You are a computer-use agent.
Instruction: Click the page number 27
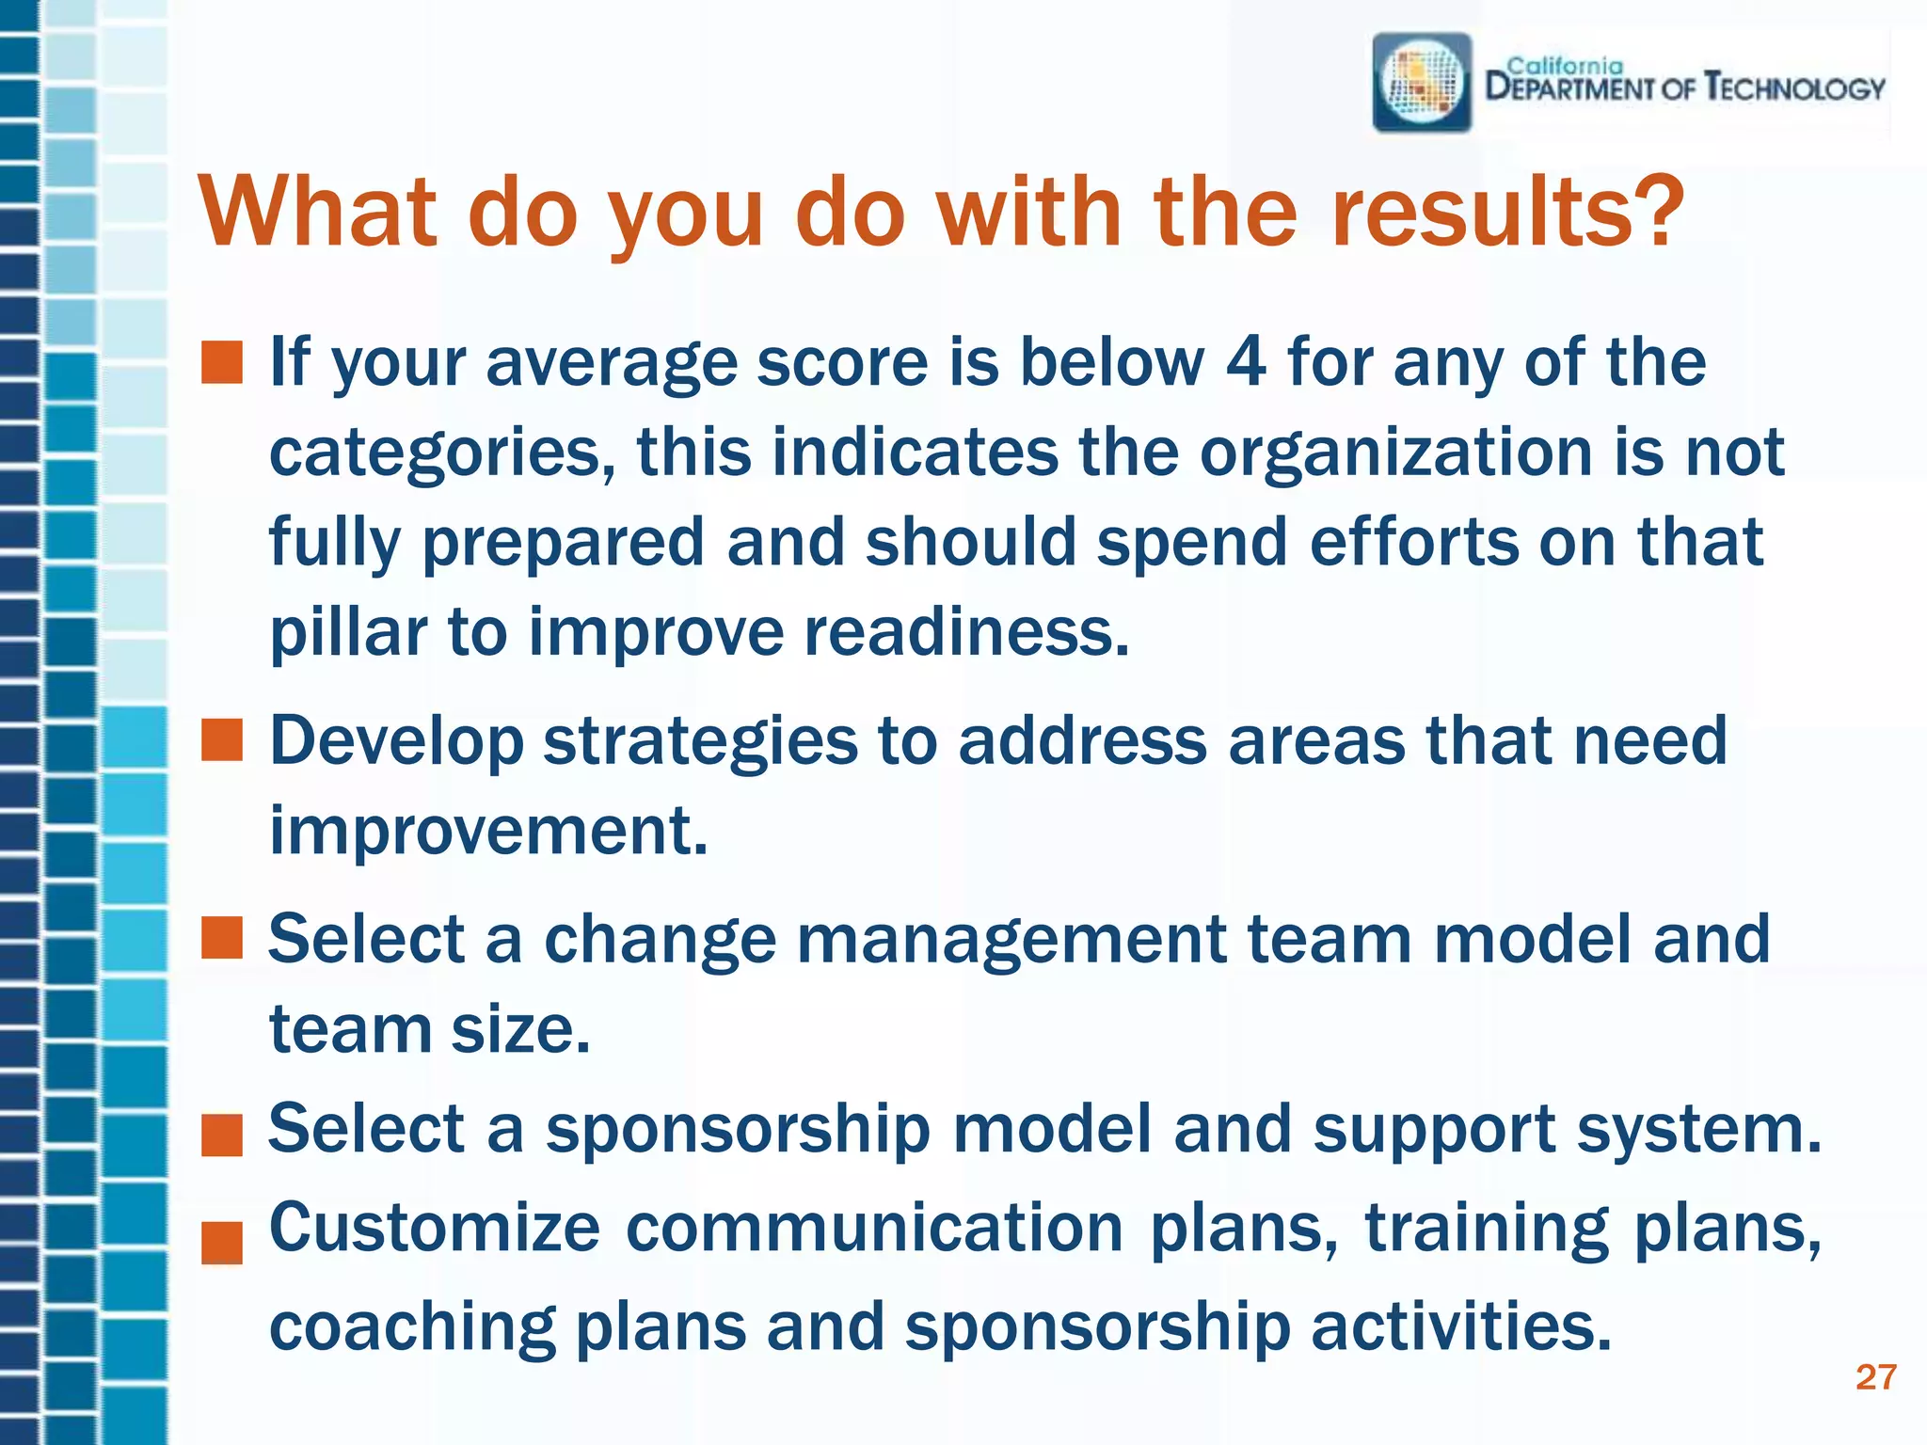[x=1874, y=1377]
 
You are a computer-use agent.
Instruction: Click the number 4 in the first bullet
[x=1246, y=362]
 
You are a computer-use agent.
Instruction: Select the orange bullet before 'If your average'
[x=222, y=363]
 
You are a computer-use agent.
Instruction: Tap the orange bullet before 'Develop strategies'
[x=222, y=740]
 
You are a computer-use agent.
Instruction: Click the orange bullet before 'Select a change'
[x=222, y=938]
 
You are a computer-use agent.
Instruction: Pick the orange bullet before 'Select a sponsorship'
[x=222, y=1135]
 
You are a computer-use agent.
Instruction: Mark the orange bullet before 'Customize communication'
[x=222, y=1242]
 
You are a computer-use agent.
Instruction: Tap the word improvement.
[x=488, y=832]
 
